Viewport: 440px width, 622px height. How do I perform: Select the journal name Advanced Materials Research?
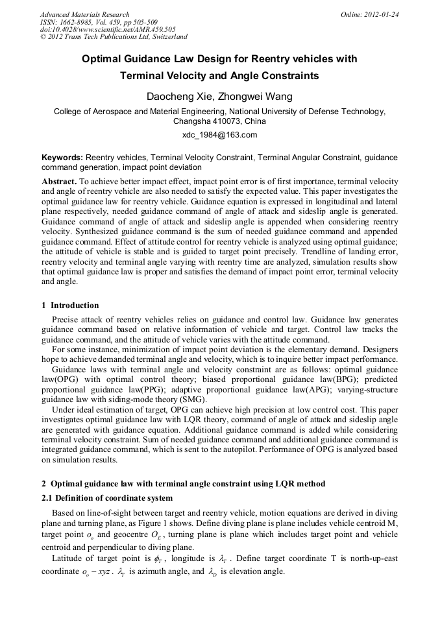coord(84,14)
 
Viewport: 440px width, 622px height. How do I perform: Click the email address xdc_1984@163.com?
coord(219,135)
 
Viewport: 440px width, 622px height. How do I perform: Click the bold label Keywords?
coord(62,158)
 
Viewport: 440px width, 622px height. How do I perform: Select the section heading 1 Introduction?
coord(70,305)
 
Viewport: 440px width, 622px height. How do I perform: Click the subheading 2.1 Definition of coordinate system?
coord(107,498)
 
